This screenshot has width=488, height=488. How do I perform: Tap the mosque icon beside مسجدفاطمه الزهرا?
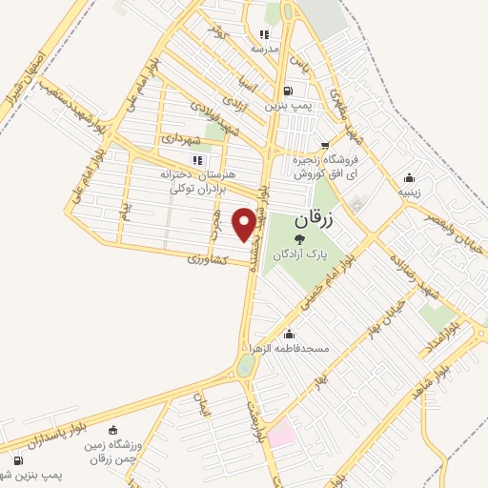point(289,335)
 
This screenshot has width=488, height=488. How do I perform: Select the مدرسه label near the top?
point(263,48)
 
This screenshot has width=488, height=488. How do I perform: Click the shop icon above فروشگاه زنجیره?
point(325,145)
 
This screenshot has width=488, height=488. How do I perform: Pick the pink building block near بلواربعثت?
point(281,437)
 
